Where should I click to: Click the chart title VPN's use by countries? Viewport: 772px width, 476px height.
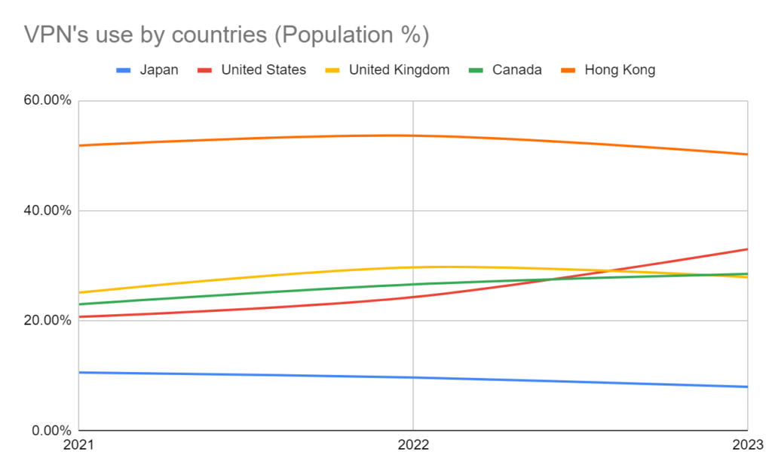click(227, 35)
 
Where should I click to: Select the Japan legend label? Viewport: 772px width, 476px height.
click(159, 70)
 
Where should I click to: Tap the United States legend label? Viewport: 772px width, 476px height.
click(263, 70)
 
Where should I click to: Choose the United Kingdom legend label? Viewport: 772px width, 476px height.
click(399, 70)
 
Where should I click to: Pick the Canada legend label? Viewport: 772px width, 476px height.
click(516, 70)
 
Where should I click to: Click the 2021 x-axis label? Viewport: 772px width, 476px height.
click(78, 445)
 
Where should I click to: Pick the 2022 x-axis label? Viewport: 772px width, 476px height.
click(413, 445)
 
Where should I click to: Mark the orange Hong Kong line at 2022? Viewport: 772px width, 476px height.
click(413, 136)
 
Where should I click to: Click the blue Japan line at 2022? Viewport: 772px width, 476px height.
click(413, 377)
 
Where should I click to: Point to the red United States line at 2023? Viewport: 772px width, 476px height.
click(746, 249)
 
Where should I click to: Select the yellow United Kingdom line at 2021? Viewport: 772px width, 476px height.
click(79, 292)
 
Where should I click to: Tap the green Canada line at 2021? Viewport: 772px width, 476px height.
click(79, 304)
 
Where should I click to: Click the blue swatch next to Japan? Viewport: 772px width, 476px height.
click(124, 70)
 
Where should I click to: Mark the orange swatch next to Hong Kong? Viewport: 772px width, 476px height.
click(571, 70)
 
